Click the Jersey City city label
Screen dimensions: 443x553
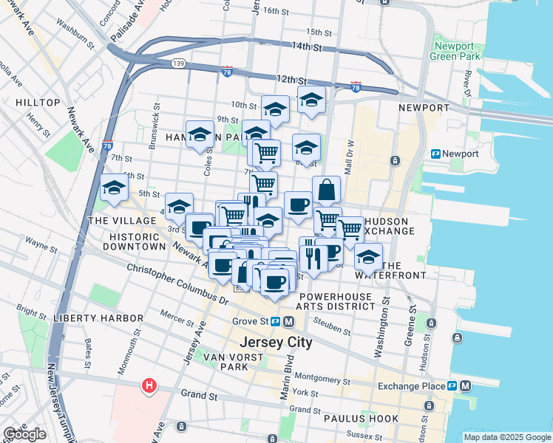pos(276,343)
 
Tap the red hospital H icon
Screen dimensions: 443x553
pos(149,385)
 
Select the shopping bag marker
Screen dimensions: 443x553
pos(326,191)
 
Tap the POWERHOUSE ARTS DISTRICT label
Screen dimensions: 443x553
pos(336,300)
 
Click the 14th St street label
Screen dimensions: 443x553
pos(308,47)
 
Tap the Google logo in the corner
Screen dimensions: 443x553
pos(24,434)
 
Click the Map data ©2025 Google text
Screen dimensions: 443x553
pos(507,437)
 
